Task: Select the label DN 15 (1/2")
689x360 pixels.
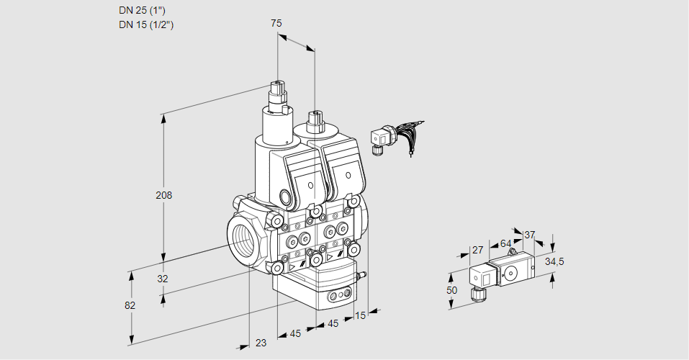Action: click(x=146, y=24)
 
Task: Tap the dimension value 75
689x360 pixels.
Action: click(x=276, y=23)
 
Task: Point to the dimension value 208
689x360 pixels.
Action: click(x=165, y=195)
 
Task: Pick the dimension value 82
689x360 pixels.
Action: click(x=130, y=305)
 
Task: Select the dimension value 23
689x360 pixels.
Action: click(x=261, y=343)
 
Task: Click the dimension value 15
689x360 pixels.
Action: click(x=360, y=314)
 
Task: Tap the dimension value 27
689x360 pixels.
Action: click(x=477, y=250)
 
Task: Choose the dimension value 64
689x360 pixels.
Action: click(x=505, y=243)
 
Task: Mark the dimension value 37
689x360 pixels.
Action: click(x=529, y=235)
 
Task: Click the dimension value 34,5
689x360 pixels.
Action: click(x=554, y=261)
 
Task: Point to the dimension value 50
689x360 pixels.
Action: click(x=451, y=290)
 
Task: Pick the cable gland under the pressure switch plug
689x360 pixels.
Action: click(x=474, y=293)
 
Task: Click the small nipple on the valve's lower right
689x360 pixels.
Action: click(x=364, y=275)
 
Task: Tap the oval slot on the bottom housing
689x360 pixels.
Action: click(x=338, y=295)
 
